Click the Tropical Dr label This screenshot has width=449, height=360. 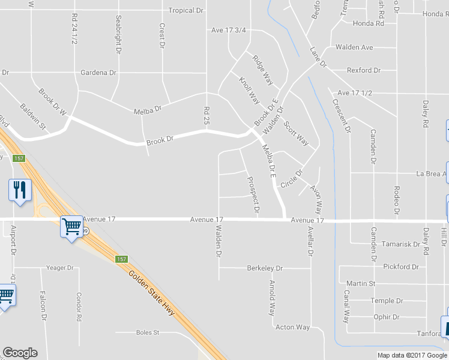(x=186, y=10)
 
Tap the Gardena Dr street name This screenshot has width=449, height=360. (x=99, y=73)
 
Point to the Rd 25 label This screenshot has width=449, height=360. (x=206, y=116)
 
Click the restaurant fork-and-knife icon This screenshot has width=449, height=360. (x=20, y=190)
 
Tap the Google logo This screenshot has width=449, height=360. (x=20, y=353)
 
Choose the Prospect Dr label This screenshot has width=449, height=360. (x=253, y=195)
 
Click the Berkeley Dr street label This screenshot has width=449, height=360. (x=265, y=268)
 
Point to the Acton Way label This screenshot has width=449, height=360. (x=292, y=327)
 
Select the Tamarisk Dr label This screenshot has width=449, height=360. (x=401, y=244)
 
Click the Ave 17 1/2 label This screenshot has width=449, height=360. (x=355, y=93)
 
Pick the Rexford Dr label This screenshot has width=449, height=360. (x=364, y=70)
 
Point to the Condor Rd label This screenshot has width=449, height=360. (x=79, y=306)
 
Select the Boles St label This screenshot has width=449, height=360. (x=147, y=332)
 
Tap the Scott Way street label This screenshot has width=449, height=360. (x=297, y=134)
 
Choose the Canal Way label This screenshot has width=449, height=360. (x=346, y=307)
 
